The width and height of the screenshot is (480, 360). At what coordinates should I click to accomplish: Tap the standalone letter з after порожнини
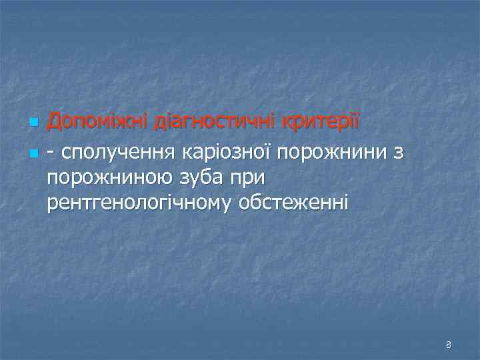[x=398, y=154]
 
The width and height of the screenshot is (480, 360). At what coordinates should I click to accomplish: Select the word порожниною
[x=111, y=179]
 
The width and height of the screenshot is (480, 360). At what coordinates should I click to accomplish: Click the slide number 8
[x=449, y=345]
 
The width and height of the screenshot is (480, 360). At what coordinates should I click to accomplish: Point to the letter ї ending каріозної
[x=270, y=152]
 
